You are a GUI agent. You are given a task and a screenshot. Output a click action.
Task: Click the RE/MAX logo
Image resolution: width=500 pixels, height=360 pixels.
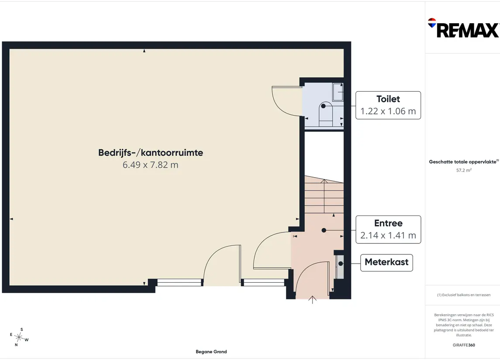pyautogui.click(x=463, y=28)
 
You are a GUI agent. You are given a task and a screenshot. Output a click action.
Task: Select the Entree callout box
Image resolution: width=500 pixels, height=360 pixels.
pyautogui.click(x=388, y=230)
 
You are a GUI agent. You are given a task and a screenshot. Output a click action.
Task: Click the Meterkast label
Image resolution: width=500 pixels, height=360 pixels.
pyautogui.click(x=386, y=262)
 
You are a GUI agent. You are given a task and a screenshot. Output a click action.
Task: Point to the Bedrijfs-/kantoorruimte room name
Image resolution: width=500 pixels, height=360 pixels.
pyautogui.click(x=151, y=153)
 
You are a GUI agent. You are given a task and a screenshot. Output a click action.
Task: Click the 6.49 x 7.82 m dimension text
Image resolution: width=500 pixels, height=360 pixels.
pyautogui.click(x=151, y=165)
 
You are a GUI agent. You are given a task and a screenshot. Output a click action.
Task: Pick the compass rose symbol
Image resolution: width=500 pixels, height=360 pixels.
pyautogui.click(x=19, y=337)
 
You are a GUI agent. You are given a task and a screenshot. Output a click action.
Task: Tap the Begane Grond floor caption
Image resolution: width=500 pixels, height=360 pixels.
pyautogui.click(x=211, y=352)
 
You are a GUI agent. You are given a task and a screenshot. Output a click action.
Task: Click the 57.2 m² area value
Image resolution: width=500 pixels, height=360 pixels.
pyautogui.click(x=464, y=170)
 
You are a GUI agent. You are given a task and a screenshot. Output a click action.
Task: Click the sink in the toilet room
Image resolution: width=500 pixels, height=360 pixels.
pyautogui.click(x=338, y=92)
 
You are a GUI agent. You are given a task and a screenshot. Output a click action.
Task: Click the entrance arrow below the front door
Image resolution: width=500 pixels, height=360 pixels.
pyautogui.click(x=313, y=300)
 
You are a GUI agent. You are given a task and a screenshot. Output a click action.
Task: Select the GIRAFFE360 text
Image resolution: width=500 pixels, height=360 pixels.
pyautogui.click(x=464, y=345)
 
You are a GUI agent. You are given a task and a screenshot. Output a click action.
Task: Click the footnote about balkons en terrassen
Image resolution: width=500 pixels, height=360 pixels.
pyautogui.click(x=464, y=295)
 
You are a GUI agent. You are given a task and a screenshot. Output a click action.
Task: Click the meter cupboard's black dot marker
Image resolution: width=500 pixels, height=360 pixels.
pyautogui.click(x=341, y=264)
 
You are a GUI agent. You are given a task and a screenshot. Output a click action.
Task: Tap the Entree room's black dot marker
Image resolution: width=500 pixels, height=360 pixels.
pyautogui.click(x=324, y=230)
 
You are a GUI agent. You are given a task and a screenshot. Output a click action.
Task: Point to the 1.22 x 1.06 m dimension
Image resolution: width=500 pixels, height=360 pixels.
pyautogui.click(x=388, y=111)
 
